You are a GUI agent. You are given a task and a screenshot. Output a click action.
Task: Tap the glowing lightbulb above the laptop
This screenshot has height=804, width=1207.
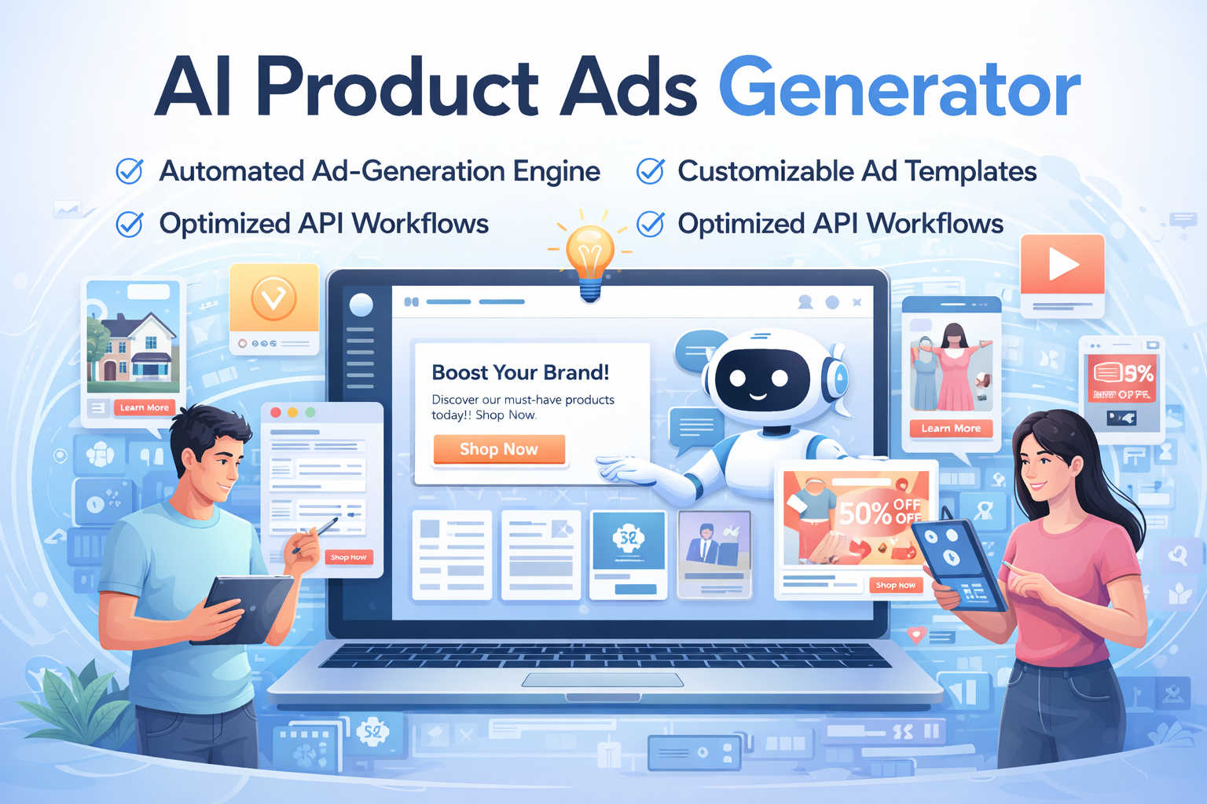[x=589, y=255]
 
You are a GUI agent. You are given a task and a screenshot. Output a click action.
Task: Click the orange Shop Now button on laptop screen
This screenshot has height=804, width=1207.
[x=499, y=449]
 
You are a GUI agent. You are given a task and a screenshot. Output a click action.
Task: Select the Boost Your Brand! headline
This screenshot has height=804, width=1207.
[x=520, y=372]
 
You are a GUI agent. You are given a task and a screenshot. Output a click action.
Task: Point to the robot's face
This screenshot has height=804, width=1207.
[x=758, y=378]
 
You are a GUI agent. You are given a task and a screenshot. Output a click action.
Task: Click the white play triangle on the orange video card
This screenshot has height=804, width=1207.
[x=1062, y=265]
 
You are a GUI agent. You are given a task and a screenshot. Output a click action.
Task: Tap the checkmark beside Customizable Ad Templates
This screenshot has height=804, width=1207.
[x=650, y=170]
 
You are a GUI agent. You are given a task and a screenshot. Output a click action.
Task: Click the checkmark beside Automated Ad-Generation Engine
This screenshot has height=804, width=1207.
[x=130, y=170]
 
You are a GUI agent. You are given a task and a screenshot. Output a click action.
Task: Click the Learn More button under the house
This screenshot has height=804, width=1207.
[x=145, y=407]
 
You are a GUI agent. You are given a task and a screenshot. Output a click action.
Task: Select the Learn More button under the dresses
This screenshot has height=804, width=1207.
[x=951, y=428]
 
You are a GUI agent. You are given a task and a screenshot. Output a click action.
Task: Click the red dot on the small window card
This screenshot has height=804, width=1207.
[x=276, y=412]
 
